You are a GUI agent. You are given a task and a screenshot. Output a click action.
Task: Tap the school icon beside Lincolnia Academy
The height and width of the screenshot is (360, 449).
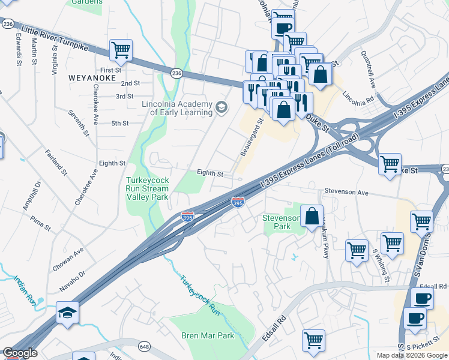point(221,107)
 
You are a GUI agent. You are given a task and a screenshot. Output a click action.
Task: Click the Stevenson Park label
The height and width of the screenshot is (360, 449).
point(282,222)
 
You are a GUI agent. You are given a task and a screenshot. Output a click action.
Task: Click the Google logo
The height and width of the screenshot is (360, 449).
point(20,353)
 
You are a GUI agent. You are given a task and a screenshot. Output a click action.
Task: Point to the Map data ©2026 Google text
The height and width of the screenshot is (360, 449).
point(412,355)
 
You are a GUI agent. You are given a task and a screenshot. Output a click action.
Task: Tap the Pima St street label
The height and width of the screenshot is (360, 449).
point(41,224)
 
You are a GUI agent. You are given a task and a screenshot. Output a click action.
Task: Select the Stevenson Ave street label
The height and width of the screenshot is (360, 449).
point(345,192)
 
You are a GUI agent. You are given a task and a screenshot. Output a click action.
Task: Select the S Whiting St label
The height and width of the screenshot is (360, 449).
point(381,266)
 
